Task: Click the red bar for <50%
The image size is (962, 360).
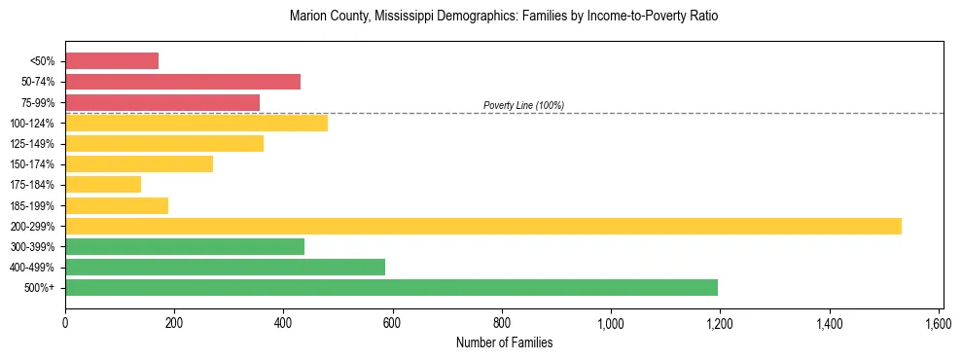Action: click(x=112, y=61)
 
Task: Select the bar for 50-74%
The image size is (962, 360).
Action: click(x=183, y=82)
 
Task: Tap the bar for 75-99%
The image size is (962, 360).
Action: click(x=162, y=102)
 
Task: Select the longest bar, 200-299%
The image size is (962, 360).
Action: click(x=483, y=226)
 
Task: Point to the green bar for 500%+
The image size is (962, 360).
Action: click(x=391, y=288)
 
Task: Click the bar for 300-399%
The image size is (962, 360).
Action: click(x=185, y=246)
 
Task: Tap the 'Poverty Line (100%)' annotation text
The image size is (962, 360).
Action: click(x=523, y=105)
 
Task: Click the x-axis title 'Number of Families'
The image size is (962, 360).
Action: click(x=504, y=342)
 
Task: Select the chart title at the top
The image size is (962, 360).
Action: click(x=504, y=17)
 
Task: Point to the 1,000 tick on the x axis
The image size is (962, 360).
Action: click(x=611, y=323)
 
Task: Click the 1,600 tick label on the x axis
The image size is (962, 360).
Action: click(x=938, y=323)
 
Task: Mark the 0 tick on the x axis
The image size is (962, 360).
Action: click(x=65, y=323)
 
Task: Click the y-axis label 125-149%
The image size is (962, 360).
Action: click(x=32, y=144)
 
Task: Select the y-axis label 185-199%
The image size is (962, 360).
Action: click(x=32, y=205)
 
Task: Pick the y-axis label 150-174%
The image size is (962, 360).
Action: click(x=32, y=164)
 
